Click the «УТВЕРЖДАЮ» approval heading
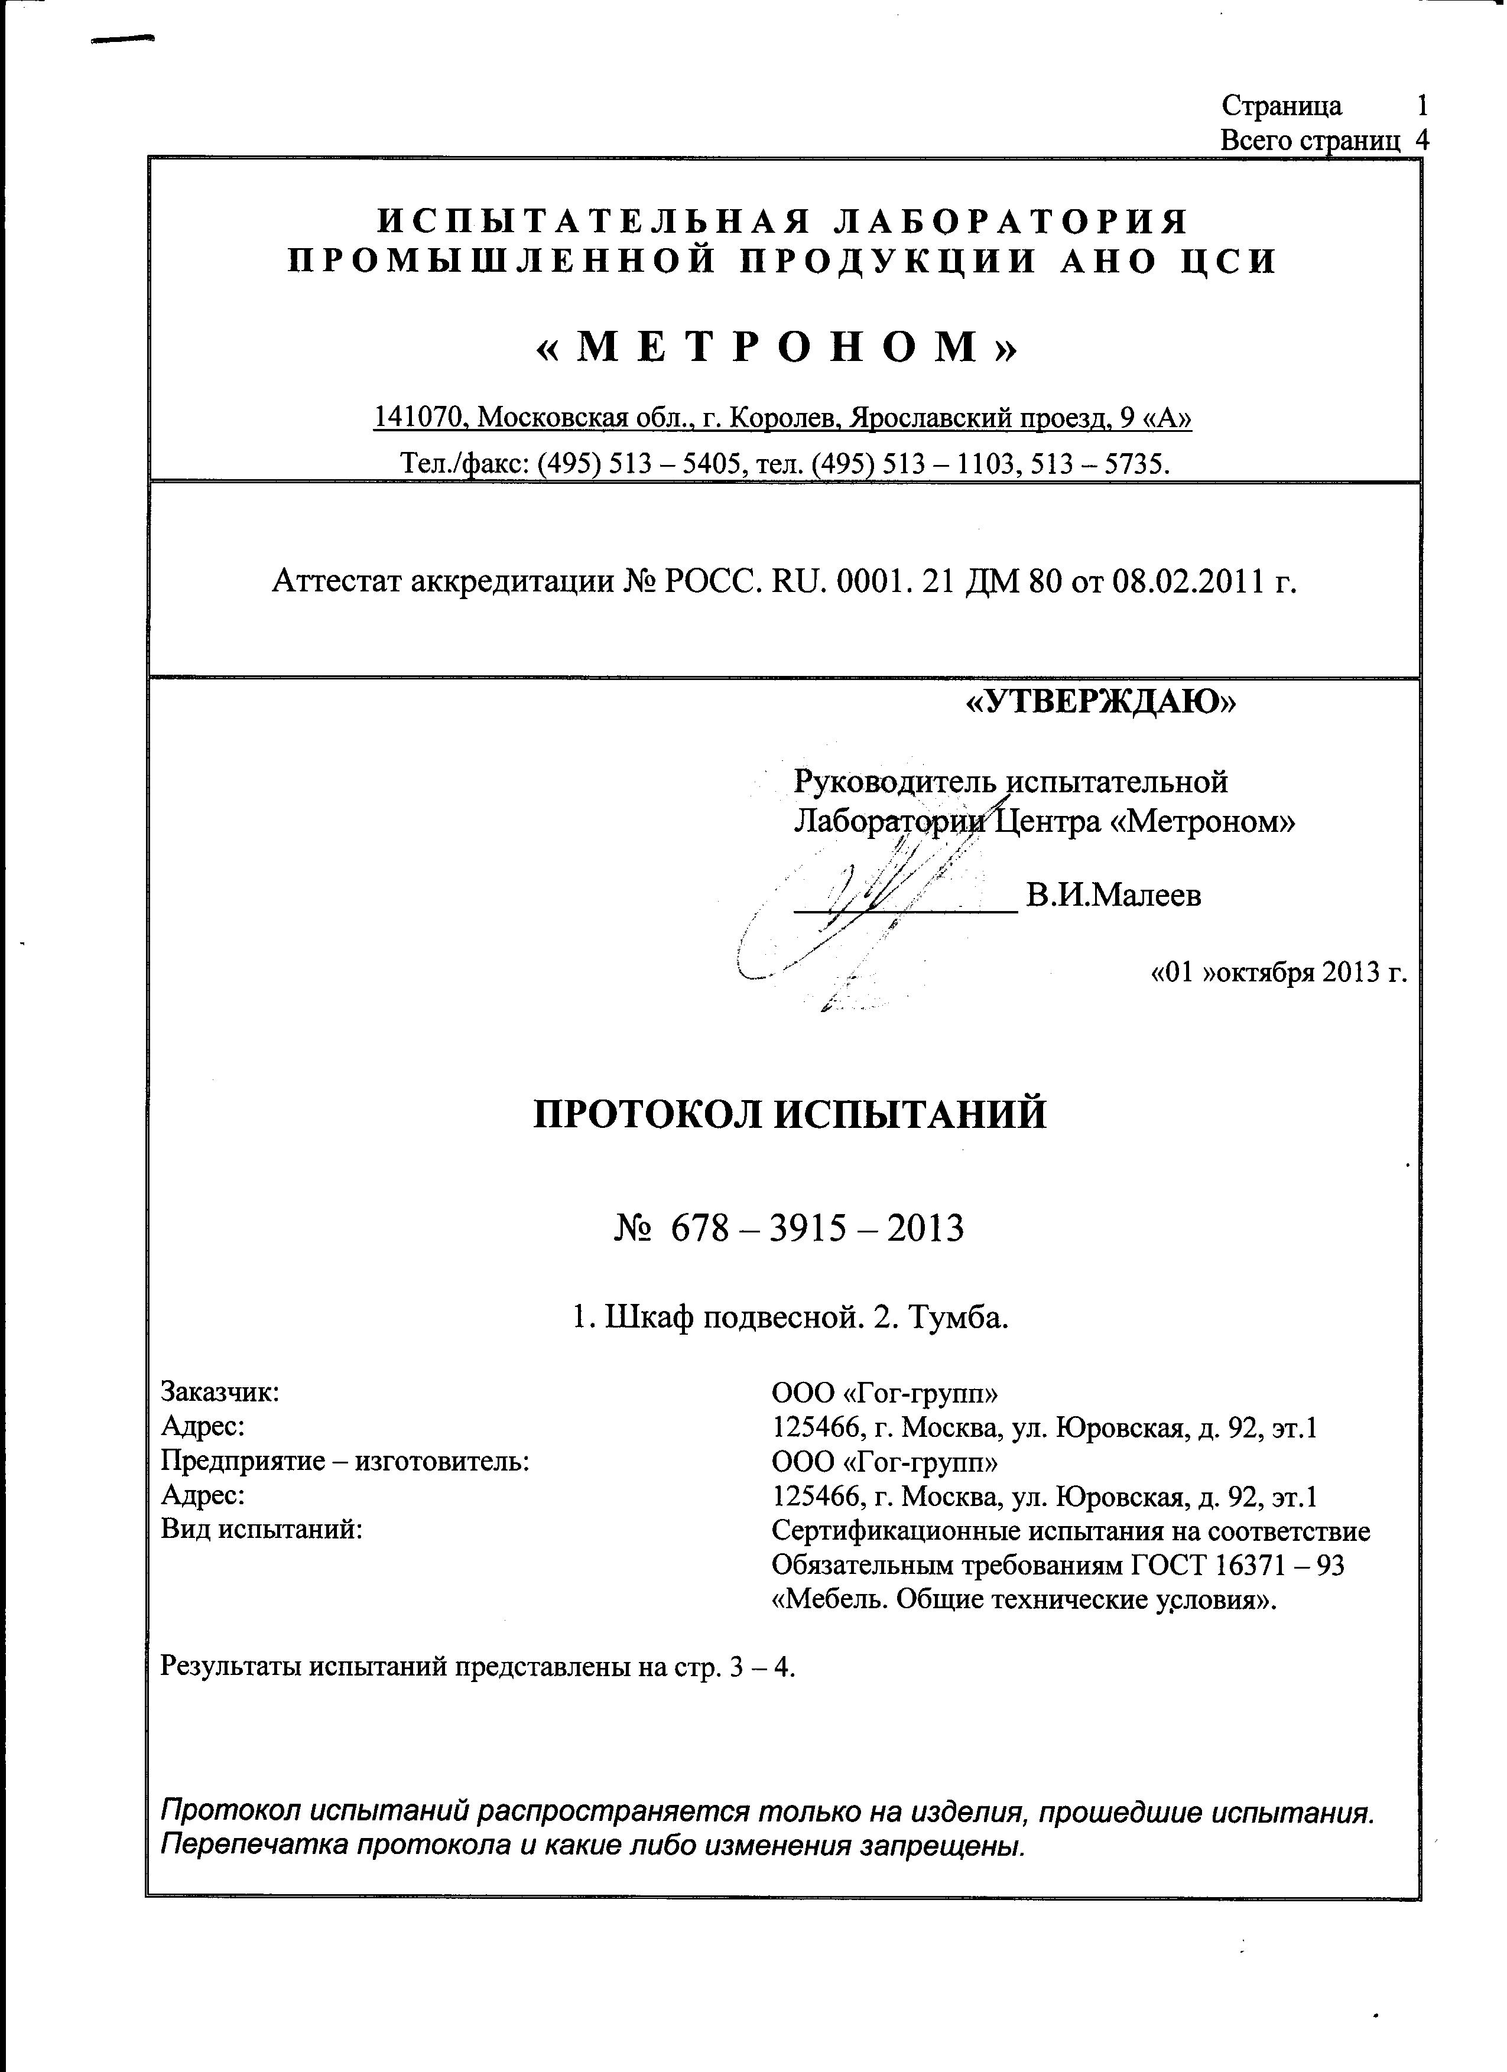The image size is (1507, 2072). [x=1100, y=701]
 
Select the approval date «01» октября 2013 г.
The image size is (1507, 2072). [x=1278, y=971]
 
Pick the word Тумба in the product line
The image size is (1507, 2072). [x=958, y=1318]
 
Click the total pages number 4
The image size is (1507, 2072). [x=1421, y=140]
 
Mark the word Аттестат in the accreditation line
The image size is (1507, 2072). [x=334, y=580]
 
